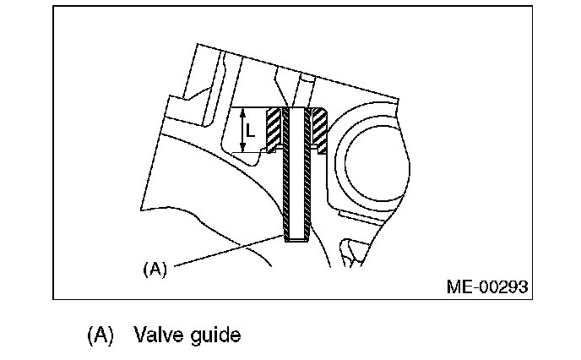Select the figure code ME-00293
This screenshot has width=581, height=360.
click(487, 286)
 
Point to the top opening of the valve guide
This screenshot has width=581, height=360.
click(296, 109)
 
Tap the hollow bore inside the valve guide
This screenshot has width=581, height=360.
click(296, 177)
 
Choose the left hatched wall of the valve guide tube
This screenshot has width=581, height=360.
click(287, 177)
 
